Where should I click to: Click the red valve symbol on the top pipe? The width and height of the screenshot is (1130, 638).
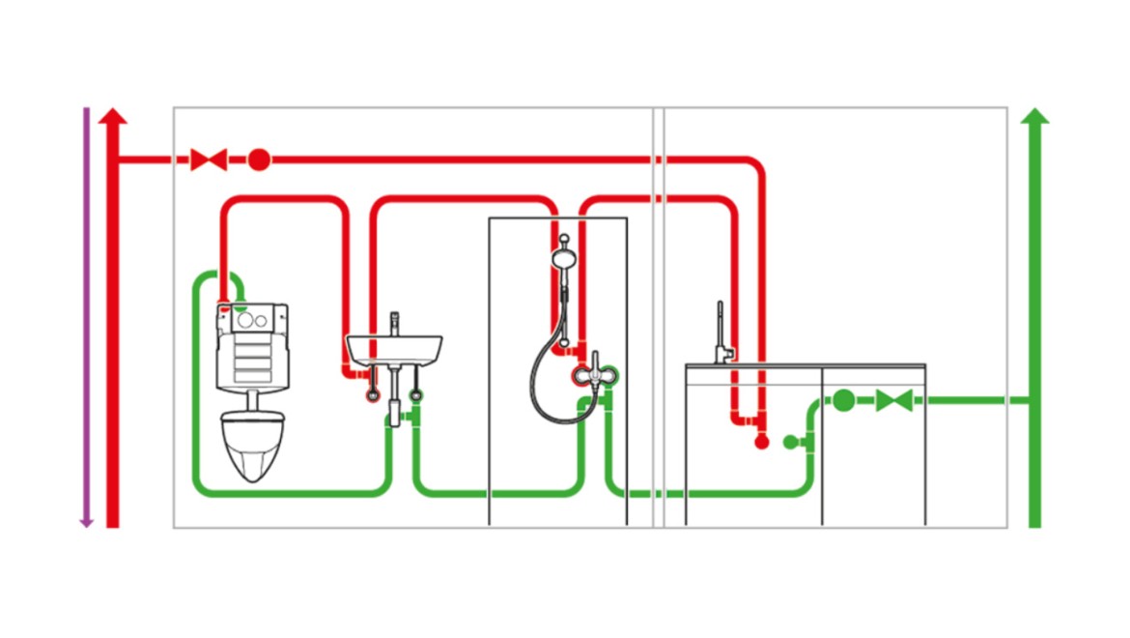click(x=209, y=159)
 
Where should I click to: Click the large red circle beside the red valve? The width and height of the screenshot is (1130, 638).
click(x=258, y=159)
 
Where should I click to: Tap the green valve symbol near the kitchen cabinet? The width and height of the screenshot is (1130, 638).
click(x=894, y=399)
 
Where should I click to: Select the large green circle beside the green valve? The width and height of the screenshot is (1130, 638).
click(x=843, y=399)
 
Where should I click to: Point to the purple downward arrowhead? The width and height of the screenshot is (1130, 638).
click(x=86, y=521)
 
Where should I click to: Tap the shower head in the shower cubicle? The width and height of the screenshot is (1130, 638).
click(x=562, y=259)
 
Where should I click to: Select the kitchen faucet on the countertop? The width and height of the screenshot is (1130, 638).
click(x=720, y=333)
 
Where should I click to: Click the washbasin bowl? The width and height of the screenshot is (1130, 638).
click(x=393, y=348)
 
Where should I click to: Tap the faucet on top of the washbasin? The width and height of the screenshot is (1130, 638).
click(x=393, y=323)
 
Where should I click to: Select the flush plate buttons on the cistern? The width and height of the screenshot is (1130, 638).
click(x=253, y=320)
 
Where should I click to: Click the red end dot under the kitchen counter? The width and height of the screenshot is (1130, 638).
click(x=761, y=442)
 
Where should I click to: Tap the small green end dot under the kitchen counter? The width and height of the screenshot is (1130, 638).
click(x=790, y=442)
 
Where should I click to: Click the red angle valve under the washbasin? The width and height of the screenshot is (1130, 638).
click(x=373, y=394)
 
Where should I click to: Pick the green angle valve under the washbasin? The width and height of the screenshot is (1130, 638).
click(x=416, y=394)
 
